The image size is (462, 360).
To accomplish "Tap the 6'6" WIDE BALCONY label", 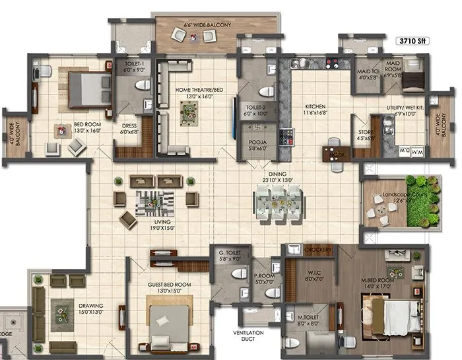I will pyautogui.click(x=207, y=25).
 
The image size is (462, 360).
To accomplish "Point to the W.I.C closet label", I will pyautogui.click(x=313, y=274).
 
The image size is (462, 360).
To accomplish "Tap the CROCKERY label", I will pyautogui.click(x=319, y=250).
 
